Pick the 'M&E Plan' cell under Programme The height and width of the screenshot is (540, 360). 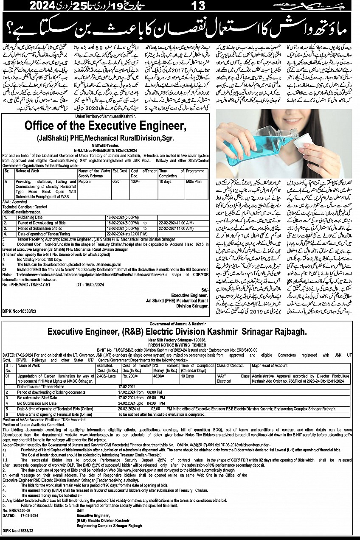[194, 182]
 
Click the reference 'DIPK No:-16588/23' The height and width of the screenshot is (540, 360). [18, 530]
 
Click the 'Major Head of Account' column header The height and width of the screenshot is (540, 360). [270, 365]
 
